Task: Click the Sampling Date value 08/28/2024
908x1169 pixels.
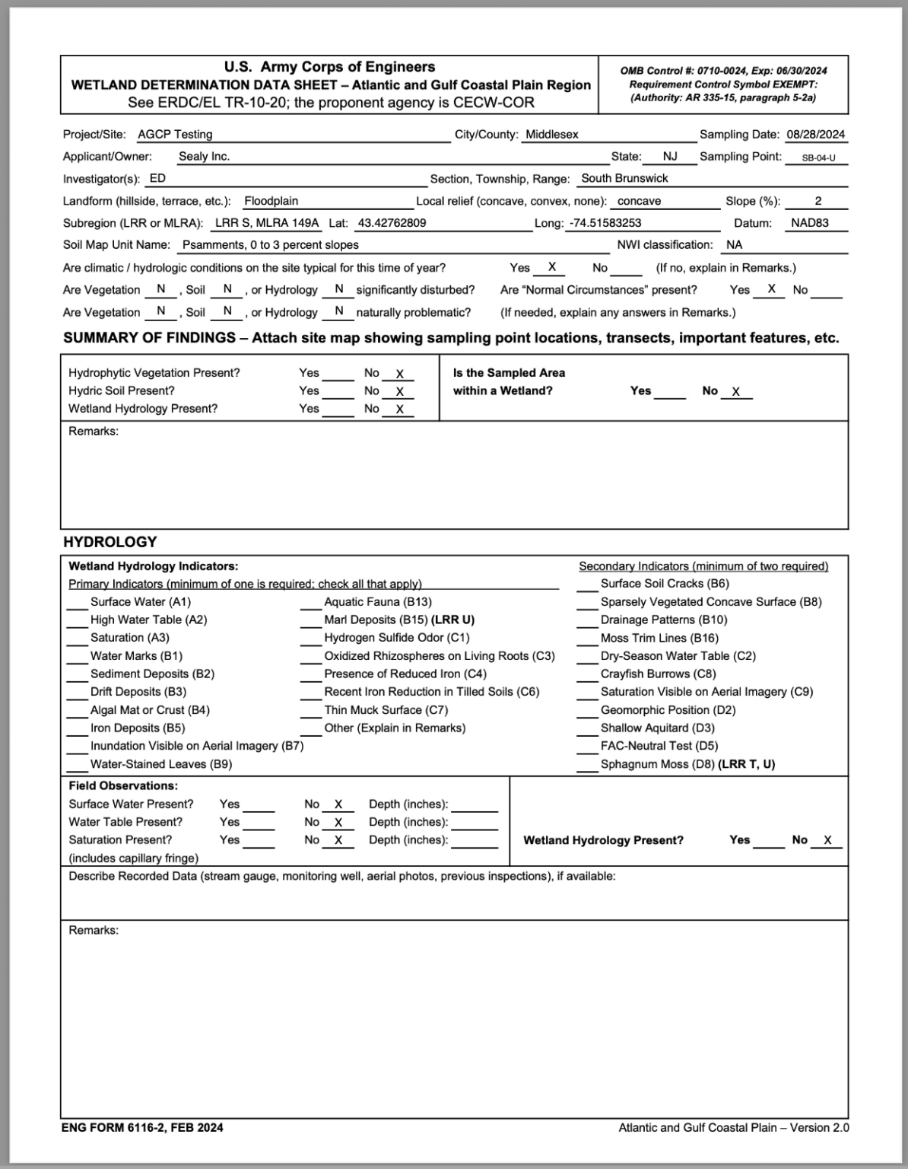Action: (815, 135)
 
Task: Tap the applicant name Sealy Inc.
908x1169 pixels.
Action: (204, 157)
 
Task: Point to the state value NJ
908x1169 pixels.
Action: (669, 157)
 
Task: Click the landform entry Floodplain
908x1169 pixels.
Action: (271, 202)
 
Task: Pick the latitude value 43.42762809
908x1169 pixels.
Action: (392, 224)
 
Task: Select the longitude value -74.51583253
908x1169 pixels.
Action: (605, 224)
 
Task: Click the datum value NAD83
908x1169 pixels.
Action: (809, 224)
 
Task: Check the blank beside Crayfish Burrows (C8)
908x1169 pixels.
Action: (586, 675)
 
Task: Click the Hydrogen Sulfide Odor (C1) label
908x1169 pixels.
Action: (396, 639)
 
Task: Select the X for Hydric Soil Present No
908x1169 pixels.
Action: (399, 392)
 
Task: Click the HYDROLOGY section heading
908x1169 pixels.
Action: (110, 543)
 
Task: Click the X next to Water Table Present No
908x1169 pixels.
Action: (338, 823)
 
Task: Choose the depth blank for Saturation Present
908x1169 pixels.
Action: (474, 841)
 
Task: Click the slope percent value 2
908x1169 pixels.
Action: (818, 202)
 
